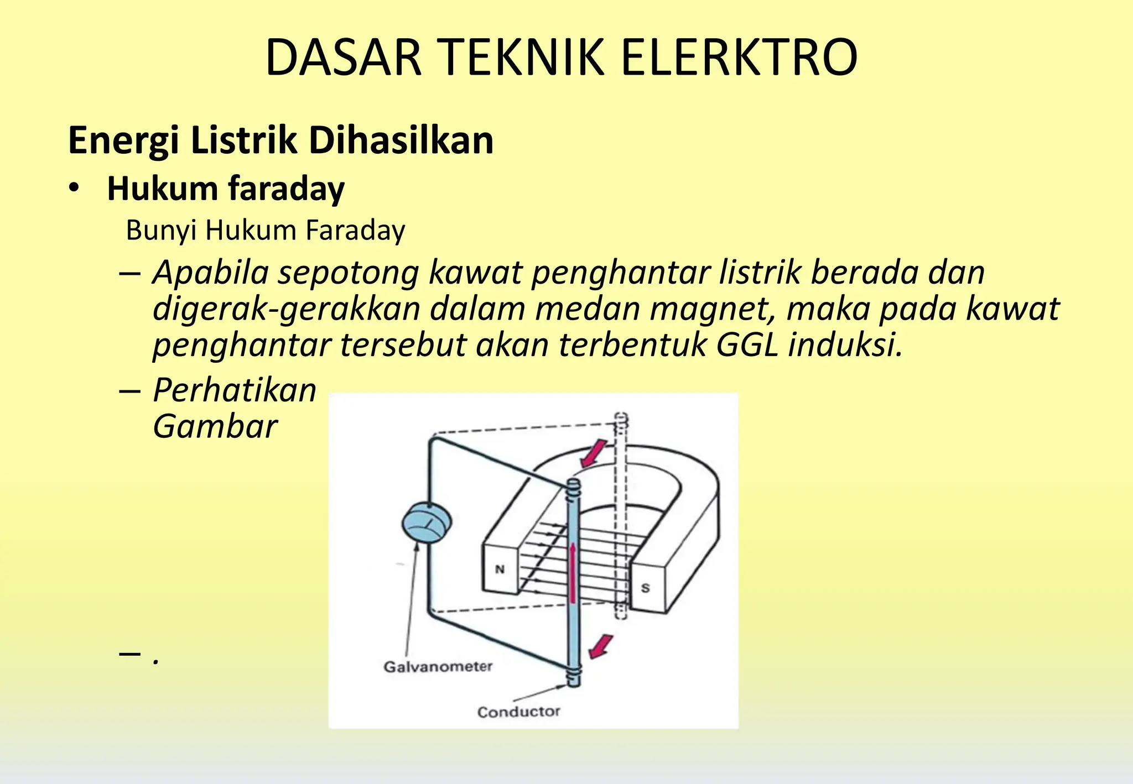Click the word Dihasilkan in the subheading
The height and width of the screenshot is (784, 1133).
(x=401, y=140)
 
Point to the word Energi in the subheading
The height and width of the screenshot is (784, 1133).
(x=123, y=142)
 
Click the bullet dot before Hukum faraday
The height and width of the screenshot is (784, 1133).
(x=74, y=189)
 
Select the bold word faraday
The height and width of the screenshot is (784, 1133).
(x=287, y=189)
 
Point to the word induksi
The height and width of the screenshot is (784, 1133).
(x=845, y=345)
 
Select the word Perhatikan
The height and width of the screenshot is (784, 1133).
(x=235, y=390)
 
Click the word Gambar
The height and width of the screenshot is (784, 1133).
(x=215, y=427)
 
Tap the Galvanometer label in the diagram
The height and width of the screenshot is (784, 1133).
(x=438, y=667)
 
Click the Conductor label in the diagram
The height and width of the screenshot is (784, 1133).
(x=518, y=712)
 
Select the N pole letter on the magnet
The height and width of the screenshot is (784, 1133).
(x=500, y=569)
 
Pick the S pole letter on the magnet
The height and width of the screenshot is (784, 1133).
(x=645, y=588)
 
